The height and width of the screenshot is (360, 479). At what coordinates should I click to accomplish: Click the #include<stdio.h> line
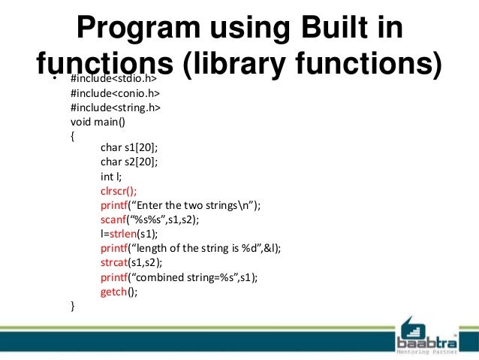pos(113,79)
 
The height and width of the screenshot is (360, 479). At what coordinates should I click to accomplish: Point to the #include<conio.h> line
pos(115,93)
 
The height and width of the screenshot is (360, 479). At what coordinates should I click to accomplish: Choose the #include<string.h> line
pos(115,107)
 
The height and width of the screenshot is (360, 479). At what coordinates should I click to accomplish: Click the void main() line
pos(98,122)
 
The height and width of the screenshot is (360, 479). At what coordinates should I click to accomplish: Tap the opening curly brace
pos(72,136)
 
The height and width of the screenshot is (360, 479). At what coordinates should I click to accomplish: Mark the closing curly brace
pos(72,306)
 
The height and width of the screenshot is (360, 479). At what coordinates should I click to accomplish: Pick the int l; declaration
pos(111,177)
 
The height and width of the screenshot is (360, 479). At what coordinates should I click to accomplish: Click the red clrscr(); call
pos(119,192)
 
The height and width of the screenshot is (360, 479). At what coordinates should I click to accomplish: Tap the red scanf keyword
pos(113,220)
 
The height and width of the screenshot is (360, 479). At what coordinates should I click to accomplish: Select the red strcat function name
pos(114,263)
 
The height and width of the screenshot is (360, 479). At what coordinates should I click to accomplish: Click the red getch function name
pos(113,292)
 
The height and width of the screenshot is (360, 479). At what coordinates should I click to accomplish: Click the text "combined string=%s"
pos(191,277)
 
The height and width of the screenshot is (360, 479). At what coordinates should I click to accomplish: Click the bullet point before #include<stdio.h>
pos(53,79)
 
